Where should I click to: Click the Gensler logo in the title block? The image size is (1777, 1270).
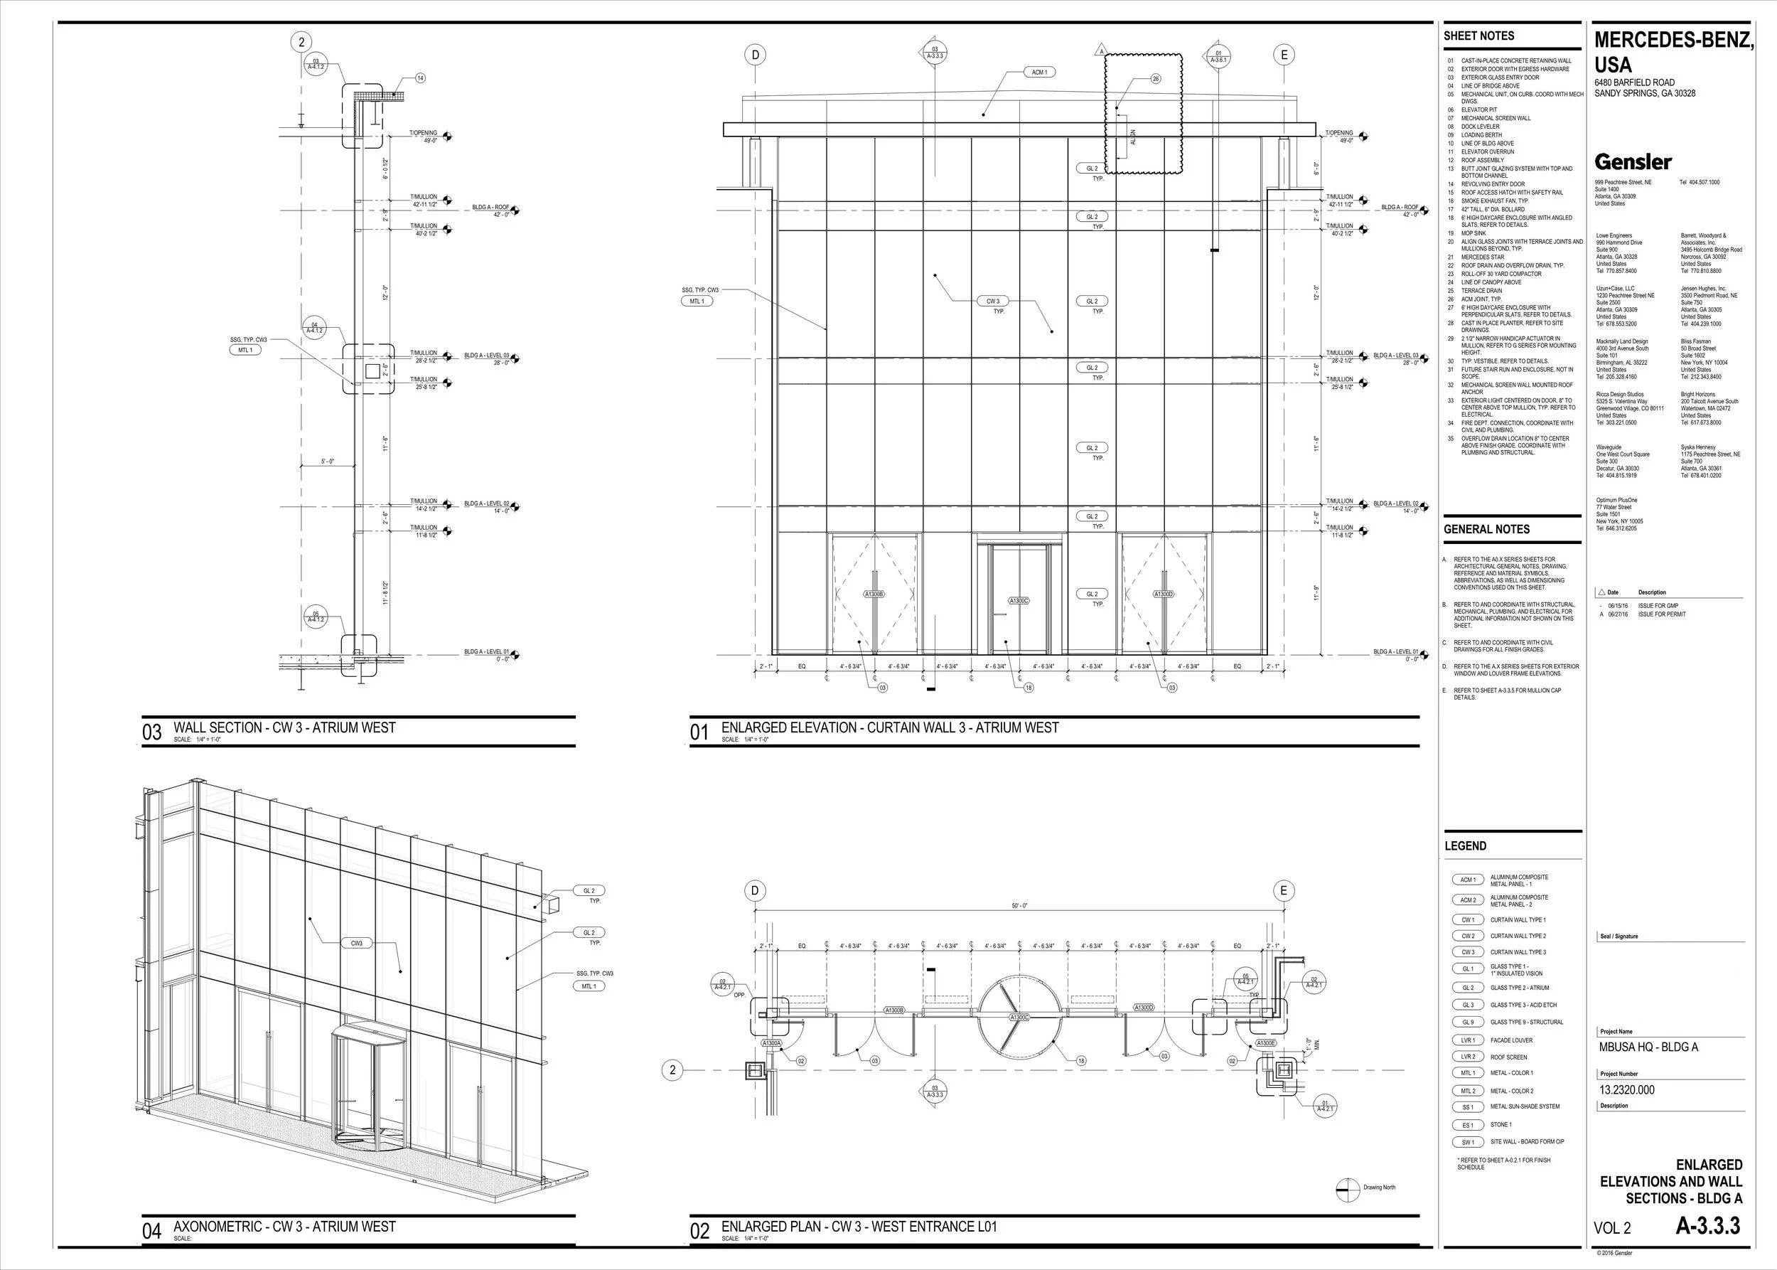pyautogui.click(x=1633, y=162)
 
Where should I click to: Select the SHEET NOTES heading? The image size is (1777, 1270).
pyautogui.click(x=1478, y=36)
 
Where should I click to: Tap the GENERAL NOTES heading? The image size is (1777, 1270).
pyautogui.click(x=1486, y=530)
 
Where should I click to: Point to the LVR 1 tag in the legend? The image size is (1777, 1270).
pyautogui.click(x=1467, y=1040)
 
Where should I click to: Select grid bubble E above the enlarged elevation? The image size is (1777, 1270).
pyautogui.click(x=1283, y=55)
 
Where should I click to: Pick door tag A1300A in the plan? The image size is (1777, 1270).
pyautogui.click(x=772, y=1043)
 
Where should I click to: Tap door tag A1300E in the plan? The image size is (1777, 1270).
pyautogui.click(x=1266, y=1043)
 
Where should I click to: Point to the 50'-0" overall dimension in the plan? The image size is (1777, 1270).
pyautogui.click(x=1019, y=906)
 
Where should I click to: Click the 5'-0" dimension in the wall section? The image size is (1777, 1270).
pyautogui.click(x=328, y=462)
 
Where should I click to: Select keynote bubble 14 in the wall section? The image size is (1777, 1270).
pyautogui.click(x=420, y=78)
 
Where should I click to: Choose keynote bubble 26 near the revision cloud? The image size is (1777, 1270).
pyautogui.click(x=1156, y=78)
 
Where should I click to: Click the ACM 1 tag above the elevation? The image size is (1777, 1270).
pyautogui.click(x=1039, y=72)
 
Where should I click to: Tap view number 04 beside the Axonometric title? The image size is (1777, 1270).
pyautogui.click(x=151, y=1232)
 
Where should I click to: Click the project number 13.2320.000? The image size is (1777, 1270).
pyautogui.click(x=1626, y=1089)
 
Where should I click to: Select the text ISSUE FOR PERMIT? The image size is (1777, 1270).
pyautogui.click(x=1662, y=614)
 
